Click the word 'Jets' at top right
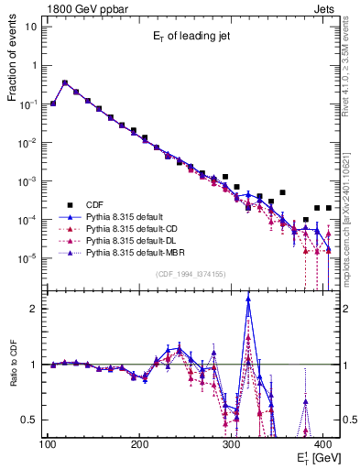click(324, 8)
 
